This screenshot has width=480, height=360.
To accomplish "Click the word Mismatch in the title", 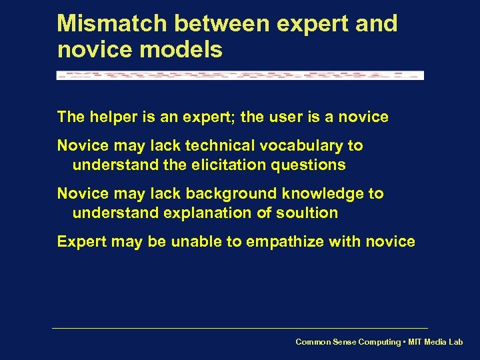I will pos(111,23).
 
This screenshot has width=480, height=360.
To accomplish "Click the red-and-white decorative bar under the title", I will pos(240,75).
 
